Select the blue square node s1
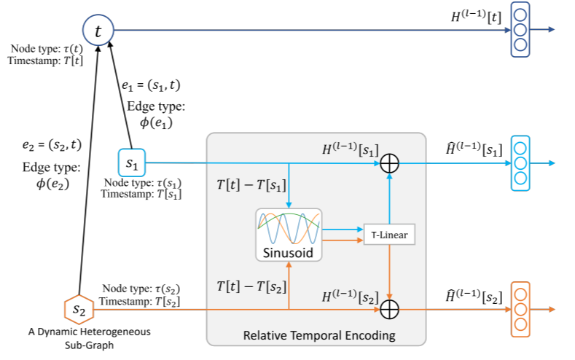tap(131, 163)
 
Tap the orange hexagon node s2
tap(78, 310)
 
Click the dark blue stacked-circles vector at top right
tap(520, 30)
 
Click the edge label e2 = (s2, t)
tap(51, 145)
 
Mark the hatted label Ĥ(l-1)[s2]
tap(472, 297)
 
